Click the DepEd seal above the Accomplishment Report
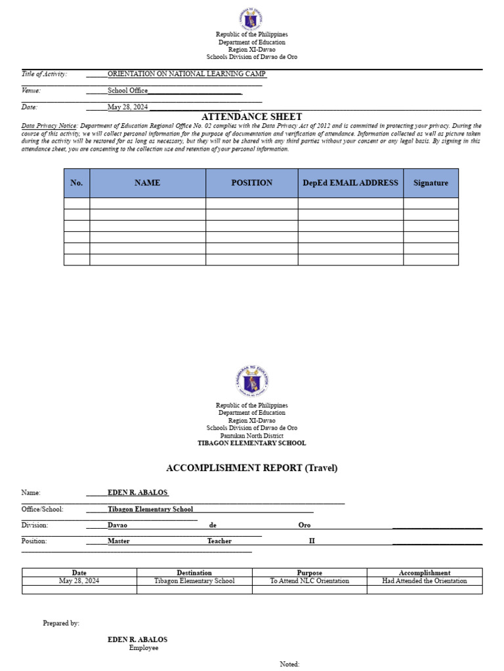click(252, 383)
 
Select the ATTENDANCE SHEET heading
click(252, 117)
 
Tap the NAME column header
click(147, 183)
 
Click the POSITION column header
click(251, 183)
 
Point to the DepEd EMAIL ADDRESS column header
click(350, 183)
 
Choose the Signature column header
click(430, 183)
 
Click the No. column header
click(77, 183)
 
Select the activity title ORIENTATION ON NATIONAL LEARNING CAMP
click(186, 74)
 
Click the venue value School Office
click(127, 90)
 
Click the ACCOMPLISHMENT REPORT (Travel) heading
click(252, 468)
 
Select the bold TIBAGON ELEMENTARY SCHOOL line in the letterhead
click(252, 443)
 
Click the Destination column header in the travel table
click(194, 573)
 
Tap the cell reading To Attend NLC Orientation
click(310, 581)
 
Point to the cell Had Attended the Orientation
click(425, 581)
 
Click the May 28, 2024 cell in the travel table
click(79, 581)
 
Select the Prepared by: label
click(61, 623)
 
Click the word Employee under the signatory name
click(144, 647)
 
